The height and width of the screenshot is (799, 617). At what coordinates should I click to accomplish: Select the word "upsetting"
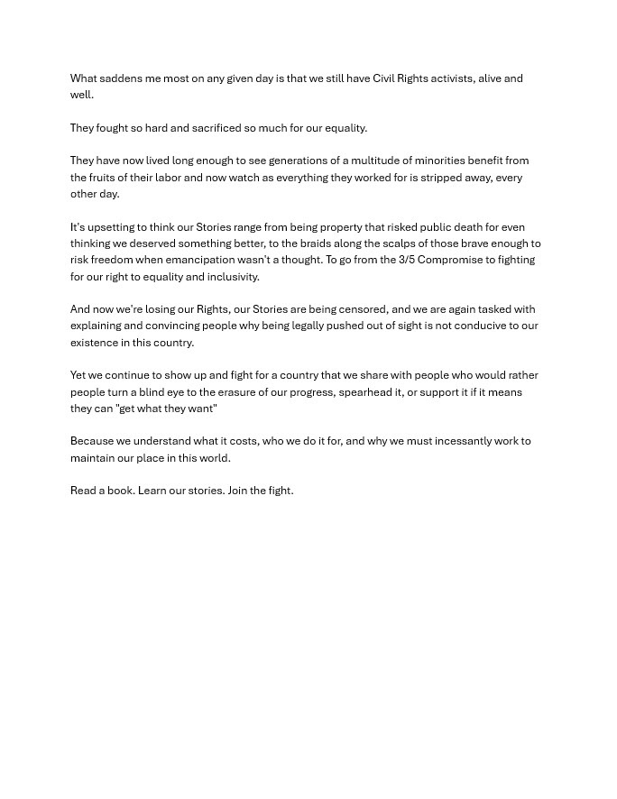pyautogui.click(x=110, y=227)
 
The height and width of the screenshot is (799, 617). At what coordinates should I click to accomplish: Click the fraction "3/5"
pyautogui.click(x=407, y=260)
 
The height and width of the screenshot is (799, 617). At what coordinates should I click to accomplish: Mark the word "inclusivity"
pyautogui.click(x=234, y=277)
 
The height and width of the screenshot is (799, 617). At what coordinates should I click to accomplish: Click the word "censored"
pyautogui.click(x=363, y=309)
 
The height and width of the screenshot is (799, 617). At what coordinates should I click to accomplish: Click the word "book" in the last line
pyautogui.click(x=121, y=491)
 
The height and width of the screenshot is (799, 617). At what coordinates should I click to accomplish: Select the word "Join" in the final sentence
pyautogui.click(x=237, y=491)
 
